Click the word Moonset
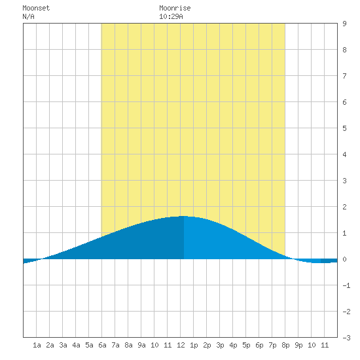coord(36,8)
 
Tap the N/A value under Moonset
coord(28,16)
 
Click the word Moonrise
coord(175,8)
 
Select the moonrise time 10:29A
coord(171,16)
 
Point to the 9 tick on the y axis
coord(344,24)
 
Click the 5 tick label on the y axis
coord(344,128)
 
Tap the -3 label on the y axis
coord(346,338)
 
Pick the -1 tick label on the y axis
coord(346,285)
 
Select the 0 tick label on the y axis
coord(344,259)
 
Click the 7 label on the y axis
coord(344,76)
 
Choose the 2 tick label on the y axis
coord(344,207)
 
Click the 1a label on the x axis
coord(37,345)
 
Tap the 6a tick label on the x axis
coord(102,345)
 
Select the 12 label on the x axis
coord(181,345)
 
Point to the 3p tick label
coord(220,345)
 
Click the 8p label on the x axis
coord(285,345)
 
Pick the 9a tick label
coord(141,345)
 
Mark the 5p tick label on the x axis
coord(246,345)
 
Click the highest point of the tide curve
coord(183,216)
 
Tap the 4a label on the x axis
coord(76,345)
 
